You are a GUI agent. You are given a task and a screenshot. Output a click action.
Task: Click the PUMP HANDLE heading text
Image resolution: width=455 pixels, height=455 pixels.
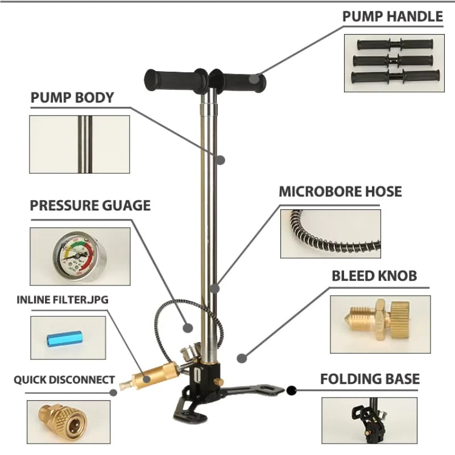(392, 16)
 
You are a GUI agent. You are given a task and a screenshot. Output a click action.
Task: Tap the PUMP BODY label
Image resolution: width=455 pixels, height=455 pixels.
(72, 97)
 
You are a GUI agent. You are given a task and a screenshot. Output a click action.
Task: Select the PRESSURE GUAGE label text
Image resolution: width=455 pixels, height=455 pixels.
(90, 205)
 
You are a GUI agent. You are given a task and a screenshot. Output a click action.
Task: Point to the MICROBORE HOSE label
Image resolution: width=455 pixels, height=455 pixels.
(340, 192)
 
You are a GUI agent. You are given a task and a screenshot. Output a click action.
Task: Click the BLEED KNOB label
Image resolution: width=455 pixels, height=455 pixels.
(374, 276)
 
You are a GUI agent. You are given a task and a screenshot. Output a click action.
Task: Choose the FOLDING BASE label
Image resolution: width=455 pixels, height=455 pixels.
(370, 379)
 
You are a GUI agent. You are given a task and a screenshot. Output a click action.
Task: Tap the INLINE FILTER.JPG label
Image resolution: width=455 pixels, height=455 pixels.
(63, 300)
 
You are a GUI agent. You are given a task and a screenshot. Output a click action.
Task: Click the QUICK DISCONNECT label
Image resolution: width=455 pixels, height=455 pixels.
(64, 380)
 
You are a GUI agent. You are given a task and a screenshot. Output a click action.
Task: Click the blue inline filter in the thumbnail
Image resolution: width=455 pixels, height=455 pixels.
(64, 339)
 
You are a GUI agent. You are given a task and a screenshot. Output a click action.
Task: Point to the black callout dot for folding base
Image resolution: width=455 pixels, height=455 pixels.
(291, 391)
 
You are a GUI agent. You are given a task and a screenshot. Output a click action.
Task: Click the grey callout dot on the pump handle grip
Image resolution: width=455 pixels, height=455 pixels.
(254, 78)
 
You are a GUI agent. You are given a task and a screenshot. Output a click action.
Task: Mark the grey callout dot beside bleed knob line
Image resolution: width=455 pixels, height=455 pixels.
(242, 358)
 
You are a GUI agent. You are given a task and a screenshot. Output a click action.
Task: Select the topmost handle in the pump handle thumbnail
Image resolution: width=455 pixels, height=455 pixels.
(395, 44)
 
